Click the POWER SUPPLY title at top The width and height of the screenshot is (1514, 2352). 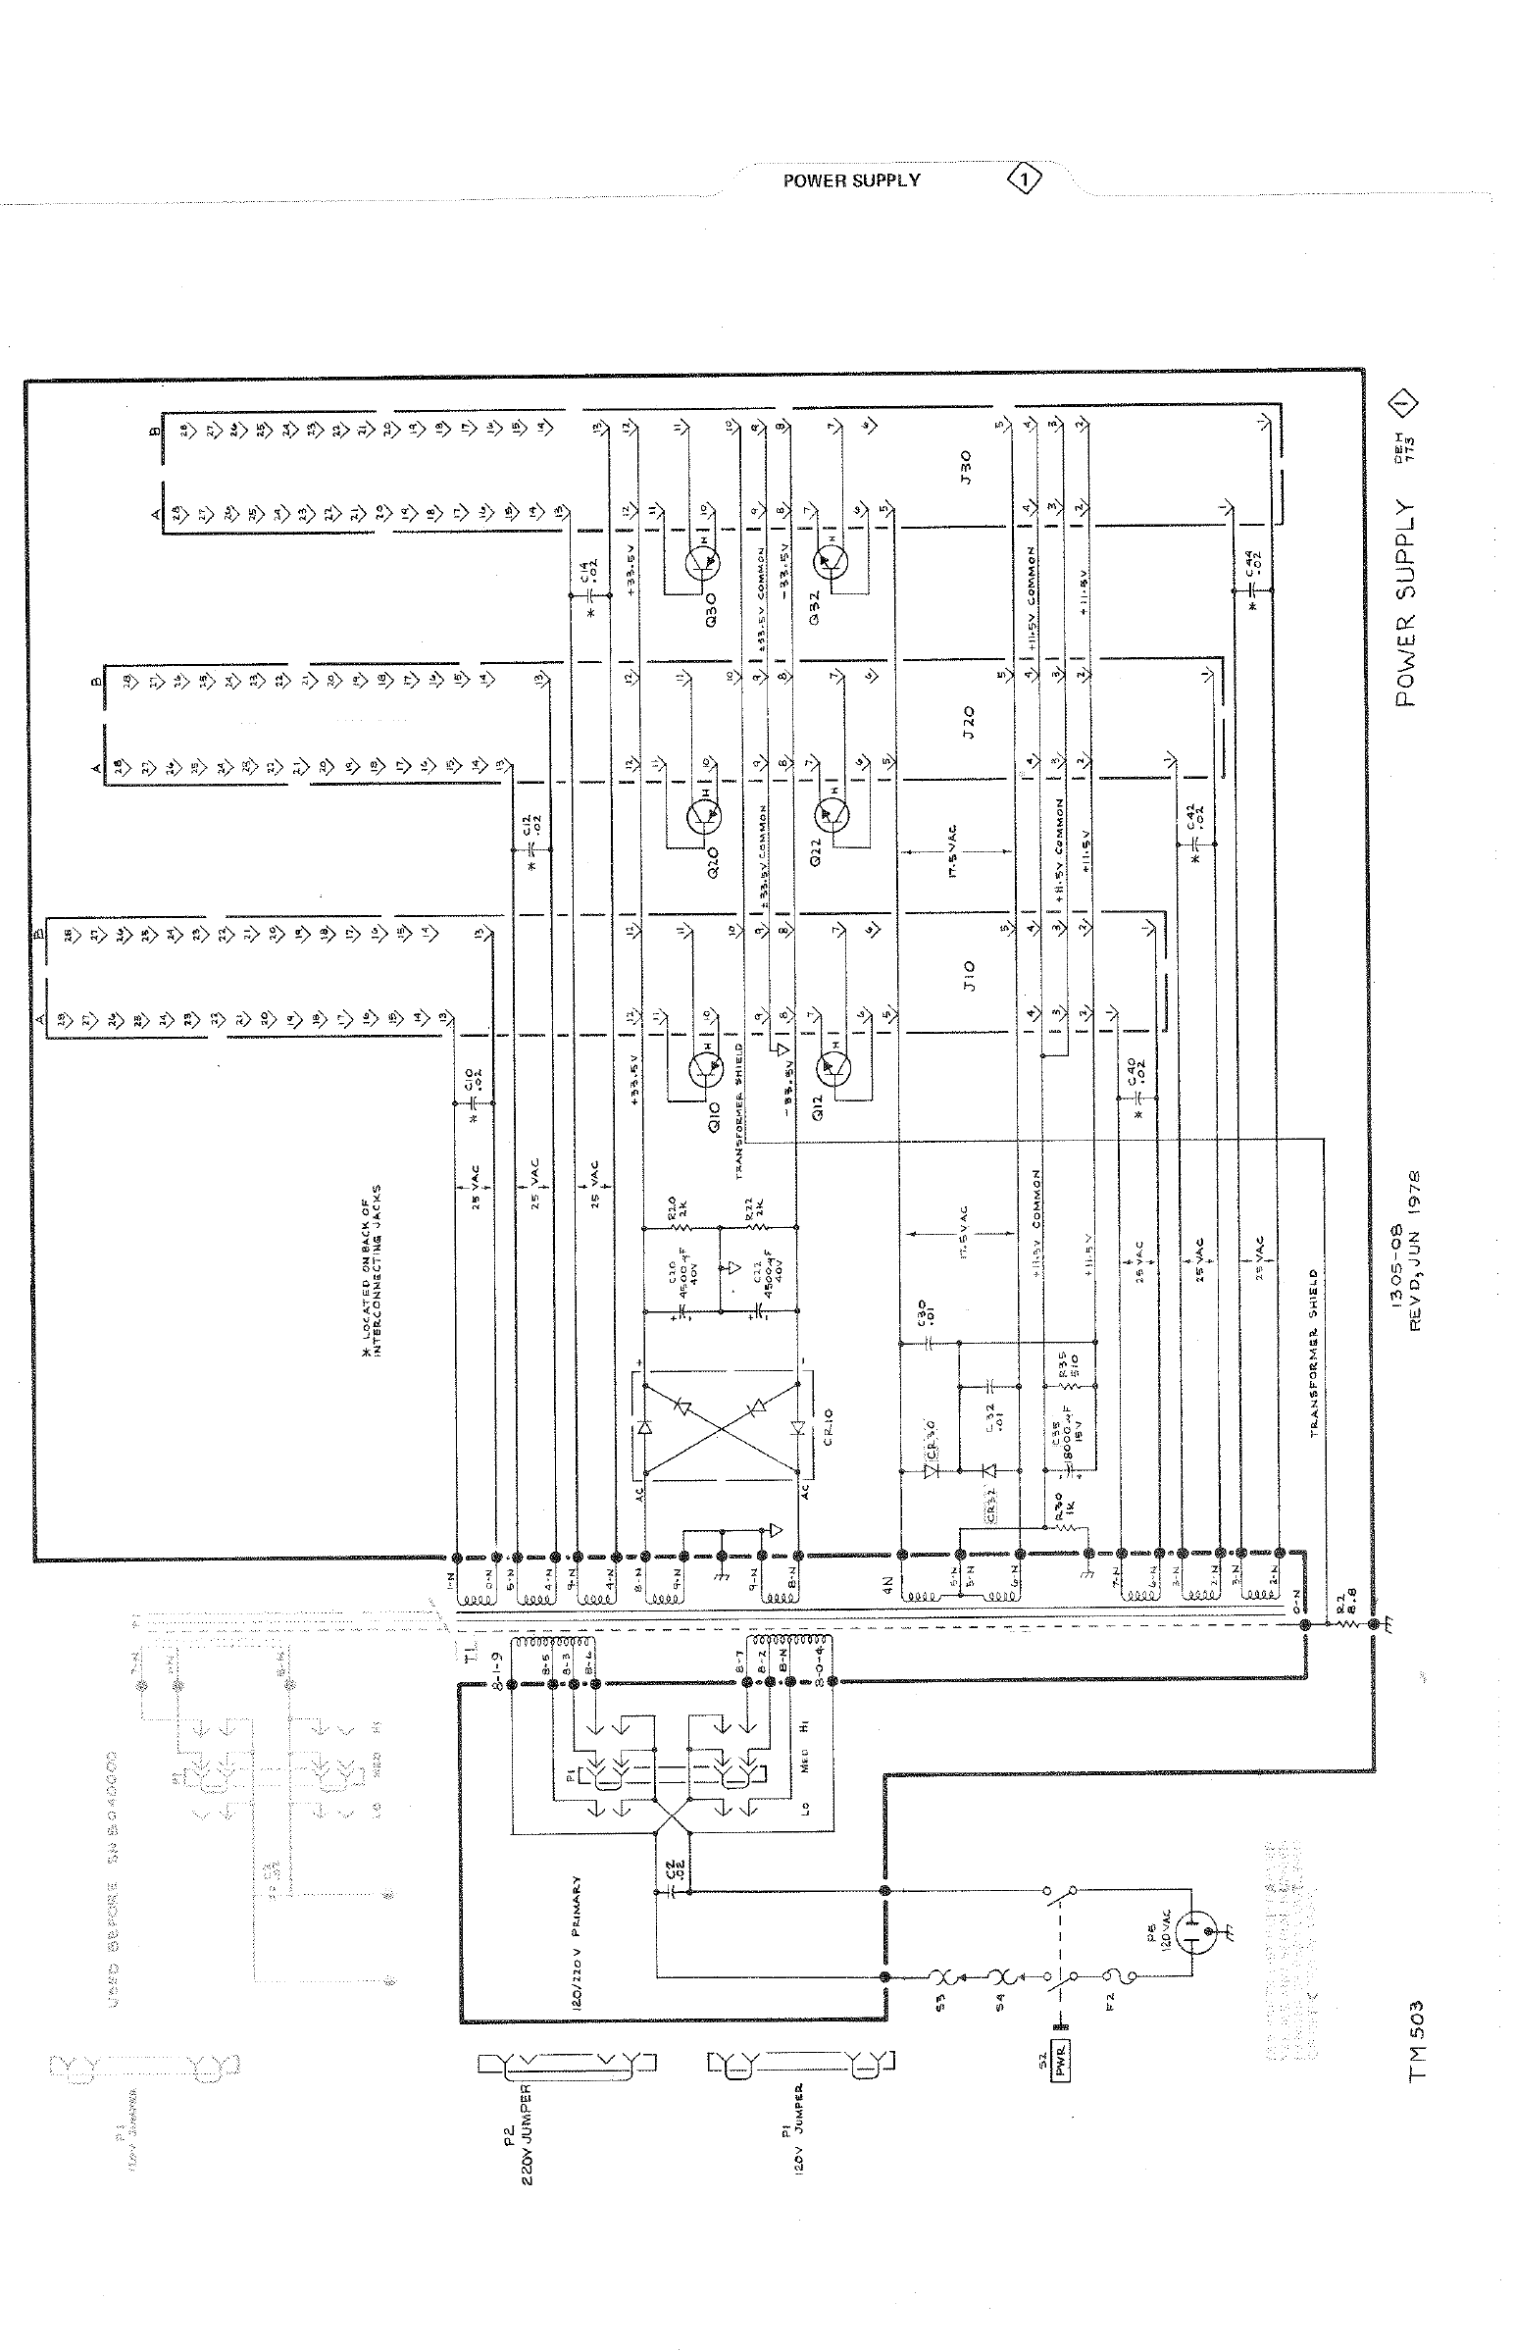click(x=851, y=180)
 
